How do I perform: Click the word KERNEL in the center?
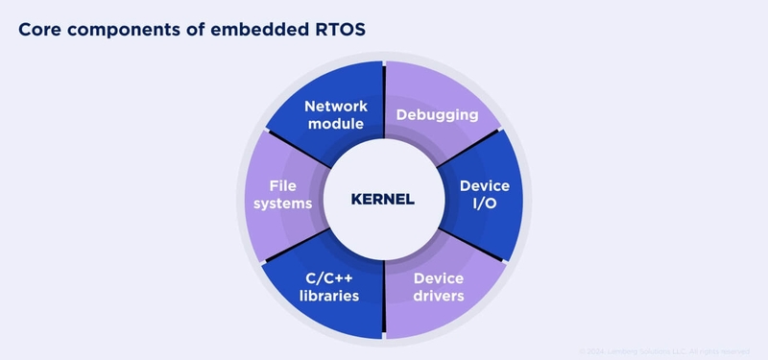[x=382, y=201]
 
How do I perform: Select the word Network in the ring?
[x=331, y=106]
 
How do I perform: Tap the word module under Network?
[x=331, y=124]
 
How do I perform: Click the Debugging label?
[x=437, y=115]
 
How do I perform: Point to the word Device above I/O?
[x=485, y=185]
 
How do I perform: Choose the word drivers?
[x=439, y=296]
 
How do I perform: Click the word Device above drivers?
[x=439, y=277]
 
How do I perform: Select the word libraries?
[x=328, y=296]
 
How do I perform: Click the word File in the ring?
[x=282, y=185]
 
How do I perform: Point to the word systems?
[x=282, y=204]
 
